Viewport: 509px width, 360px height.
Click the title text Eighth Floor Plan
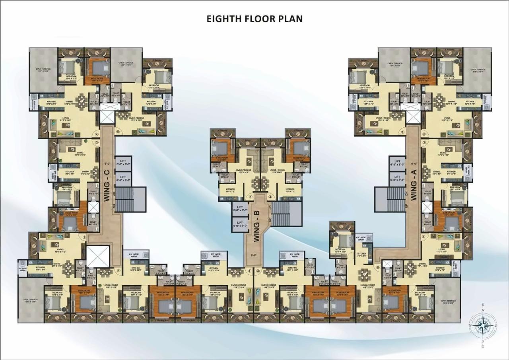coord(254,19)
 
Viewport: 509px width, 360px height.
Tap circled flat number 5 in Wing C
coord(117,132)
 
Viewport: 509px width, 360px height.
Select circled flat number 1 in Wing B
coord(251,196)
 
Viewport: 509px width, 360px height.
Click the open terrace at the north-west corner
coord(43,70)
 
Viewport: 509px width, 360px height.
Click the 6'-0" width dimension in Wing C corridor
coord(107,163)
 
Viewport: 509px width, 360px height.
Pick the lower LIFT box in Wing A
coord(397,179)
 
